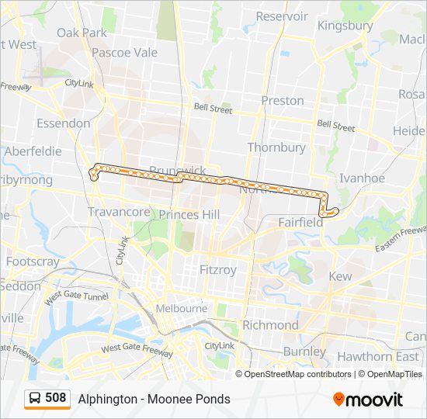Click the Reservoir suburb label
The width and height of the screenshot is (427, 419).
tap(282, 16)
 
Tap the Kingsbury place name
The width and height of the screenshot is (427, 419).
tap(345, 26)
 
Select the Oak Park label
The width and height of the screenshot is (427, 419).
tap(82, 33)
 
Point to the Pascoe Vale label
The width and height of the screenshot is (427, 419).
tap(124, 53)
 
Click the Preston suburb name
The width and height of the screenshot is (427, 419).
tap(283, 100)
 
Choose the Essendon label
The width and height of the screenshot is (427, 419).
tap(64, 123)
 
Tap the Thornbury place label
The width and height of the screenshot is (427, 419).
tap(276, 147)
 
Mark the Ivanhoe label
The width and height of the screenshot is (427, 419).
tap(362, 178)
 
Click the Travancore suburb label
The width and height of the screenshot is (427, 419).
tap(119, 212)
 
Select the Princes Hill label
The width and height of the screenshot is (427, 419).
tap(189, 214)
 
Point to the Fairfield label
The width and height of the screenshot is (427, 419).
tap(300, 222)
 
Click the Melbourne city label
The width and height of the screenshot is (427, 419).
tap(182, 308)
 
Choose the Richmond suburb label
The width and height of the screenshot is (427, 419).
tap(270, 324)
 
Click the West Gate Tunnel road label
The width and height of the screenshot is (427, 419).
tap(76, 296)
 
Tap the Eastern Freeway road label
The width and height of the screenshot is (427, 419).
tap(401, 239)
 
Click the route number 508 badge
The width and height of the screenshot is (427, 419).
tap(55, 398)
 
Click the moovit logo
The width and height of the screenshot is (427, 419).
tap(368, 400)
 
